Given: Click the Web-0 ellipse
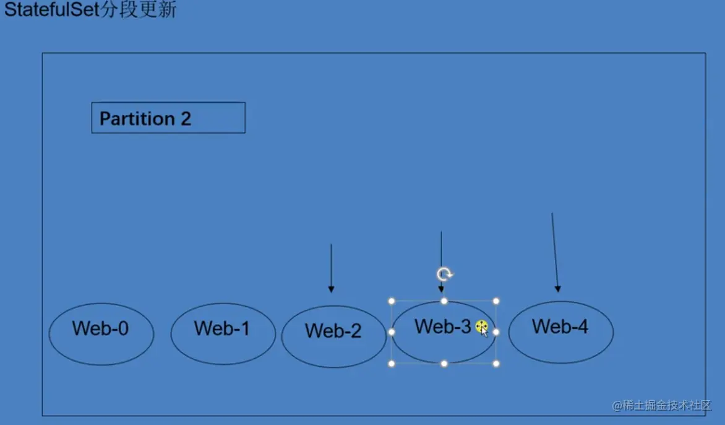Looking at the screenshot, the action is pyautogui.click(x=101, y=335).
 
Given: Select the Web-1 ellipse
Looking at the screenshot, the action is pyautogui.click(x=223, y=334).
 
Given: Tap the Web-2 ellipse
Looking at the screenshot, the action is pyautogui.click(x=333, y=336).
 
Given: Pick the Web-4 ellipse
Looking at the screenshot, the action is pyautogui.click(x=560, y=332).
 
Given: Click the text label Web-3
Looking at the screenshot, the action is pyautogui.click(x=442, y=326).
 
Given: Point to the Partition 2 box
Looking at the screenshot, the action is pyautogui.click(x=168, y=118).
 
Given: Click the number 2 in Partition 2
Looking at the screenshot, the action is pyautogui.click(x=186, y=118).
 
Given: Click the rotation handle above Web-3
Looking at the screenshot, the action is pyautogui.click(x=444, y=274).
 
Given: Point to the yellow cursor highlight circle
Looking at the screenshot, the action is pyautogui.click(x=482, y=327).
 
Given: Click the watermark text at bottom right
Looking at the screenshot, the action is pyautogui.click(x=662, y=405).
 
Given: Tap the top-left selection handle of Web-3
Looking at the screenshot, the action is pyautogui.click(x=392, y=301).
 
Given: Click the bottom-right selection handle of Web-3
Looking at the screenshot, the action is pyautogui.click(x=496, y=364).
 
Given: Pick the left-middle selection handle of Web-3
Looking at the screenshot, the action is pyautogui.click(x=392, y=332).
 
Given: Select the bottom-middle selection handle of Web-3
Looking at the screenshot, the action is pyautogui.click(x=444, y=364).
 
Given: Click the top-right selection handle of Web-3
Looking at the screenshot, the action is pyautogui.click(x=496, y=301).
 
